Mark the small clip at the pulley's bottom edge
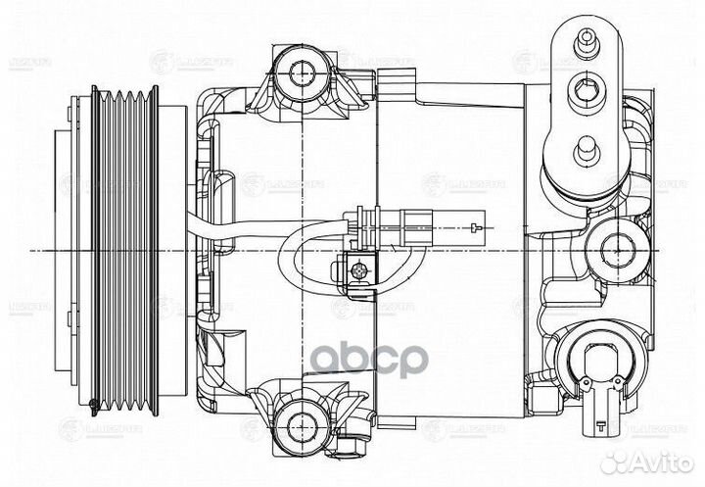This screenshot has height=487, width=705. [93, 404]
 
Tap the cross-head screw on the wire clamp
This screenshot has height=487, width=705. [359, 267]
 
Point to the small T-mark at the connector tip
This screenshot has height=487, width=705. [475, 229]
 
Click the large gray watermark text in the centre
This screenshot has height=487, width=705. [369, 358]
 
